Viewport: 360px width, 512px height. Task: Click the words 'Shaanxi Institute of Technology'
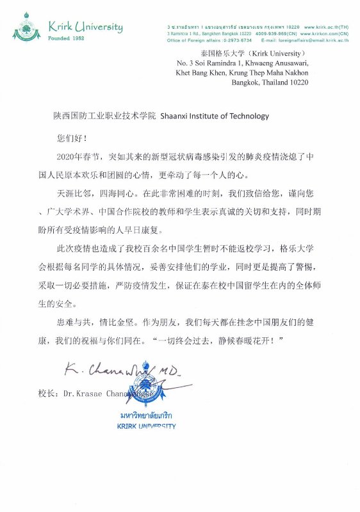pyautogui.click(x=215, y=116)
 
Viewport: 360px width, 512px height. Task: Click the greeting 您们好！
pyautogui.click(x=71, y=137)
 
